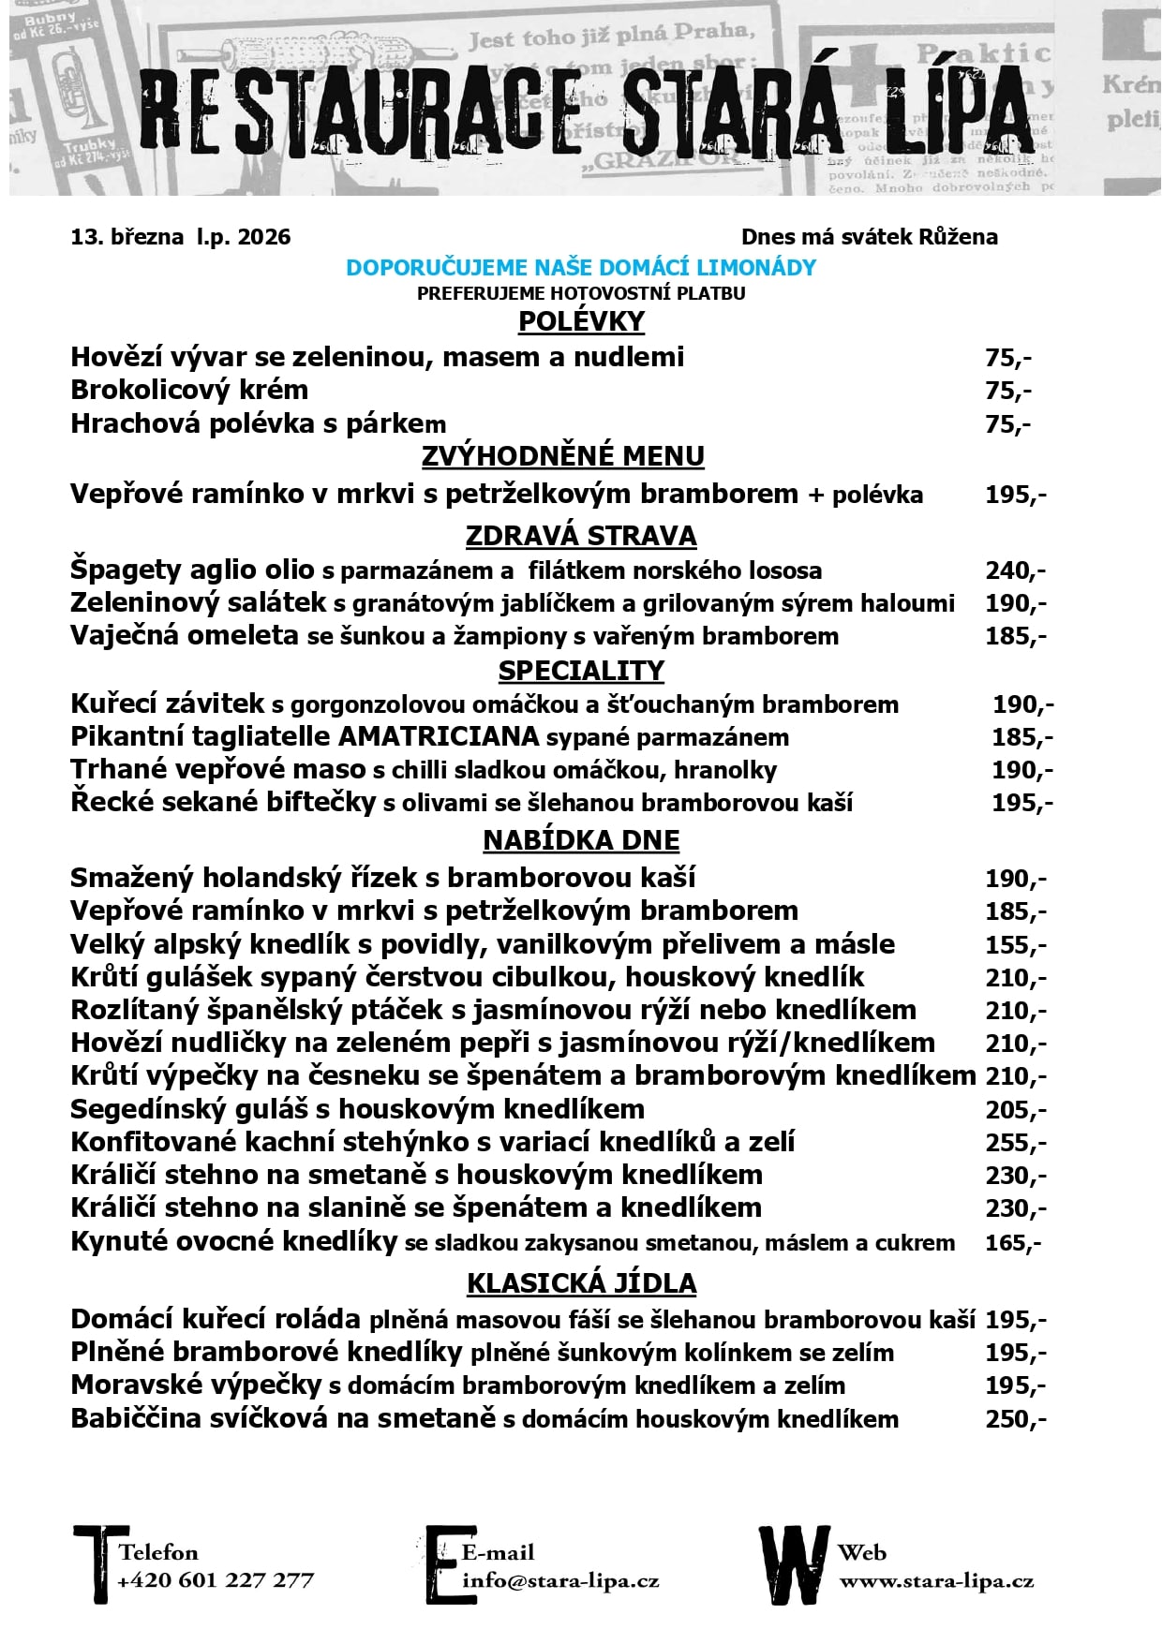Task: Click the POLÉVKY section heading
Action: click(x=581, y=321)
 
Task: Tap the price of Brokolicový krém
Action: click(x=1007, y=391)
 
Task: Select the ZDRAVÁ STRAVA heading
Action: click(x=581, y=536)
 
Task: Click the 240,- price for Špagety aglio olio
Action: click(x=1015, y=570)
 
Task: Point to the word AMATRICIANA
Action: click(x=439, y=736)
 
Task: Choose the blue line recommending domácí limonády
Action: click(x=581, y=268)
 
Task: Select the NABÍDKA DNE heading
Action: click(x=581, y=840)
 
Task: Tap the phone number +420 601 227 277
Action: click(x=216, y=1581)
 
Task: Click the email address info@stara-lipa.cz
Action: click(x=560, y=1581)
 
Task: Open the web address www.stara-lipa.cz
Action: click(x=936, y=1581)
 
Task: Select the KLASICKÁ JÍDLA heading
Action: click(x=581, y=1283)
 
